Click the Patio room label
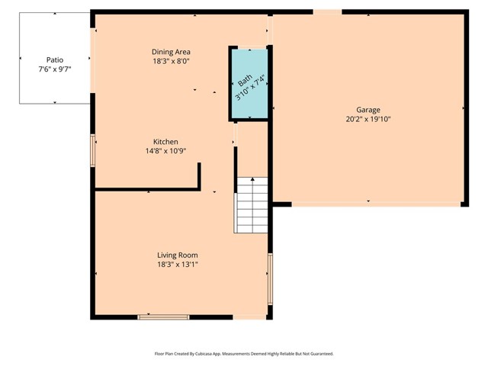[x=54, y=58]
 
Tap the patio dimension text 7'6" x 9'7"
[x=54, y=69]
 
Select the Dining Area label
[x=171, y=52]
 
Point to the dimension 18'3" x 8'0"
[x=171, y=62]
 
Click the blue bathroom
[x=249, y=84]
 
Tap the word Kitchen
[x=165, y=142]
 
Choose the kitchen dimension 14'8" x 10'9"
[x=165, y=151]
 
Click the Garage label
[x=368, y=110]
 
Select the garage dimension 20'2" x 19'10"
[x=368, y=119]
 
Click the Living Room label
[x=177, y=255]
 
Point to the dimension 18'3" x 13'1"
[x=177, y=265]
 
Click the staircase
[x=252, y=205]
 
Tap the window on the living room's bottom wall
[x=163, y=316]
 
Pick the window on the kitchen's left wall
[x=93, y=150]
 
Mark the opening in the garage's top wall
[x=327, y=11]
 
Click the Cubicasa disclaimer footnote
[x=244, y=354]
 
